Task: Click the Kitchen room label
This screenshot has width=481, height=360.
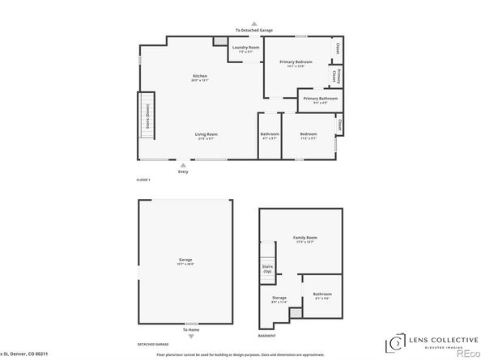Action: pyautogui.click(x=200, y=75)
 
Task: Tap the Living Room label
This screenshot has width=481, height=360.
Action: pyautogui.click(x=206, y=134)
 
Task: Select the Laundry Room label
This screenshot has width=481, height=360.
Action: pyautogui.click(x=245, y=49)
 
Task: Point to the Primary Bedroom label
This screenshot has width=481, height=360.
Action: pyautogui.click(x=296, y=62)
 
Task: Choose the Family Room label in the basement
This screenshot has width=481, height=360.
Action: pyautogui.click(x=305, y=238)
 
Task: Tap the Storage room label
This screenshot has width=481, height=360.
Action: pyautogui.click(x=279, y=298)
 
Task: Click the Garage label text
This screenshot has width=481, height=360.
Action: pyautogui.click(x=185, y=260)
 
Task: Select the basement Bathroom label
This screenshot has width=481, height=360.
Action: pyautogui.click(x=321, y=295)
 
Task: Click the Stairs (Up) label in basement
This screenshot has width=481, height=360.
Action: pyautogui.click(x=267, y=268)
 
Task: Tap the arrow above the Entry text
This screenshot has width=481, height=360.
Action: pyautogui.click(x=182, y=165)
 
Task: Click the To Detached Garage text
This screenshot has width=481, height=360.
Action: pyautogui.click(x=254, y=30)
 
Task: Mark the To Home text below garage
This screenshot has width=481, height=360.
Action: pyautogui.click(x=190, y=329)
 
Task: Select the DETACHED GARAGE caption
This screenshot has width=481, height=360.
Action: pyautogui.click(x=153, y=343)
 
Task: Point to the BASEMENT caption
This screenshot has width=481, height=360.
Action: pyautogui.click(x=267, y=335)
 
